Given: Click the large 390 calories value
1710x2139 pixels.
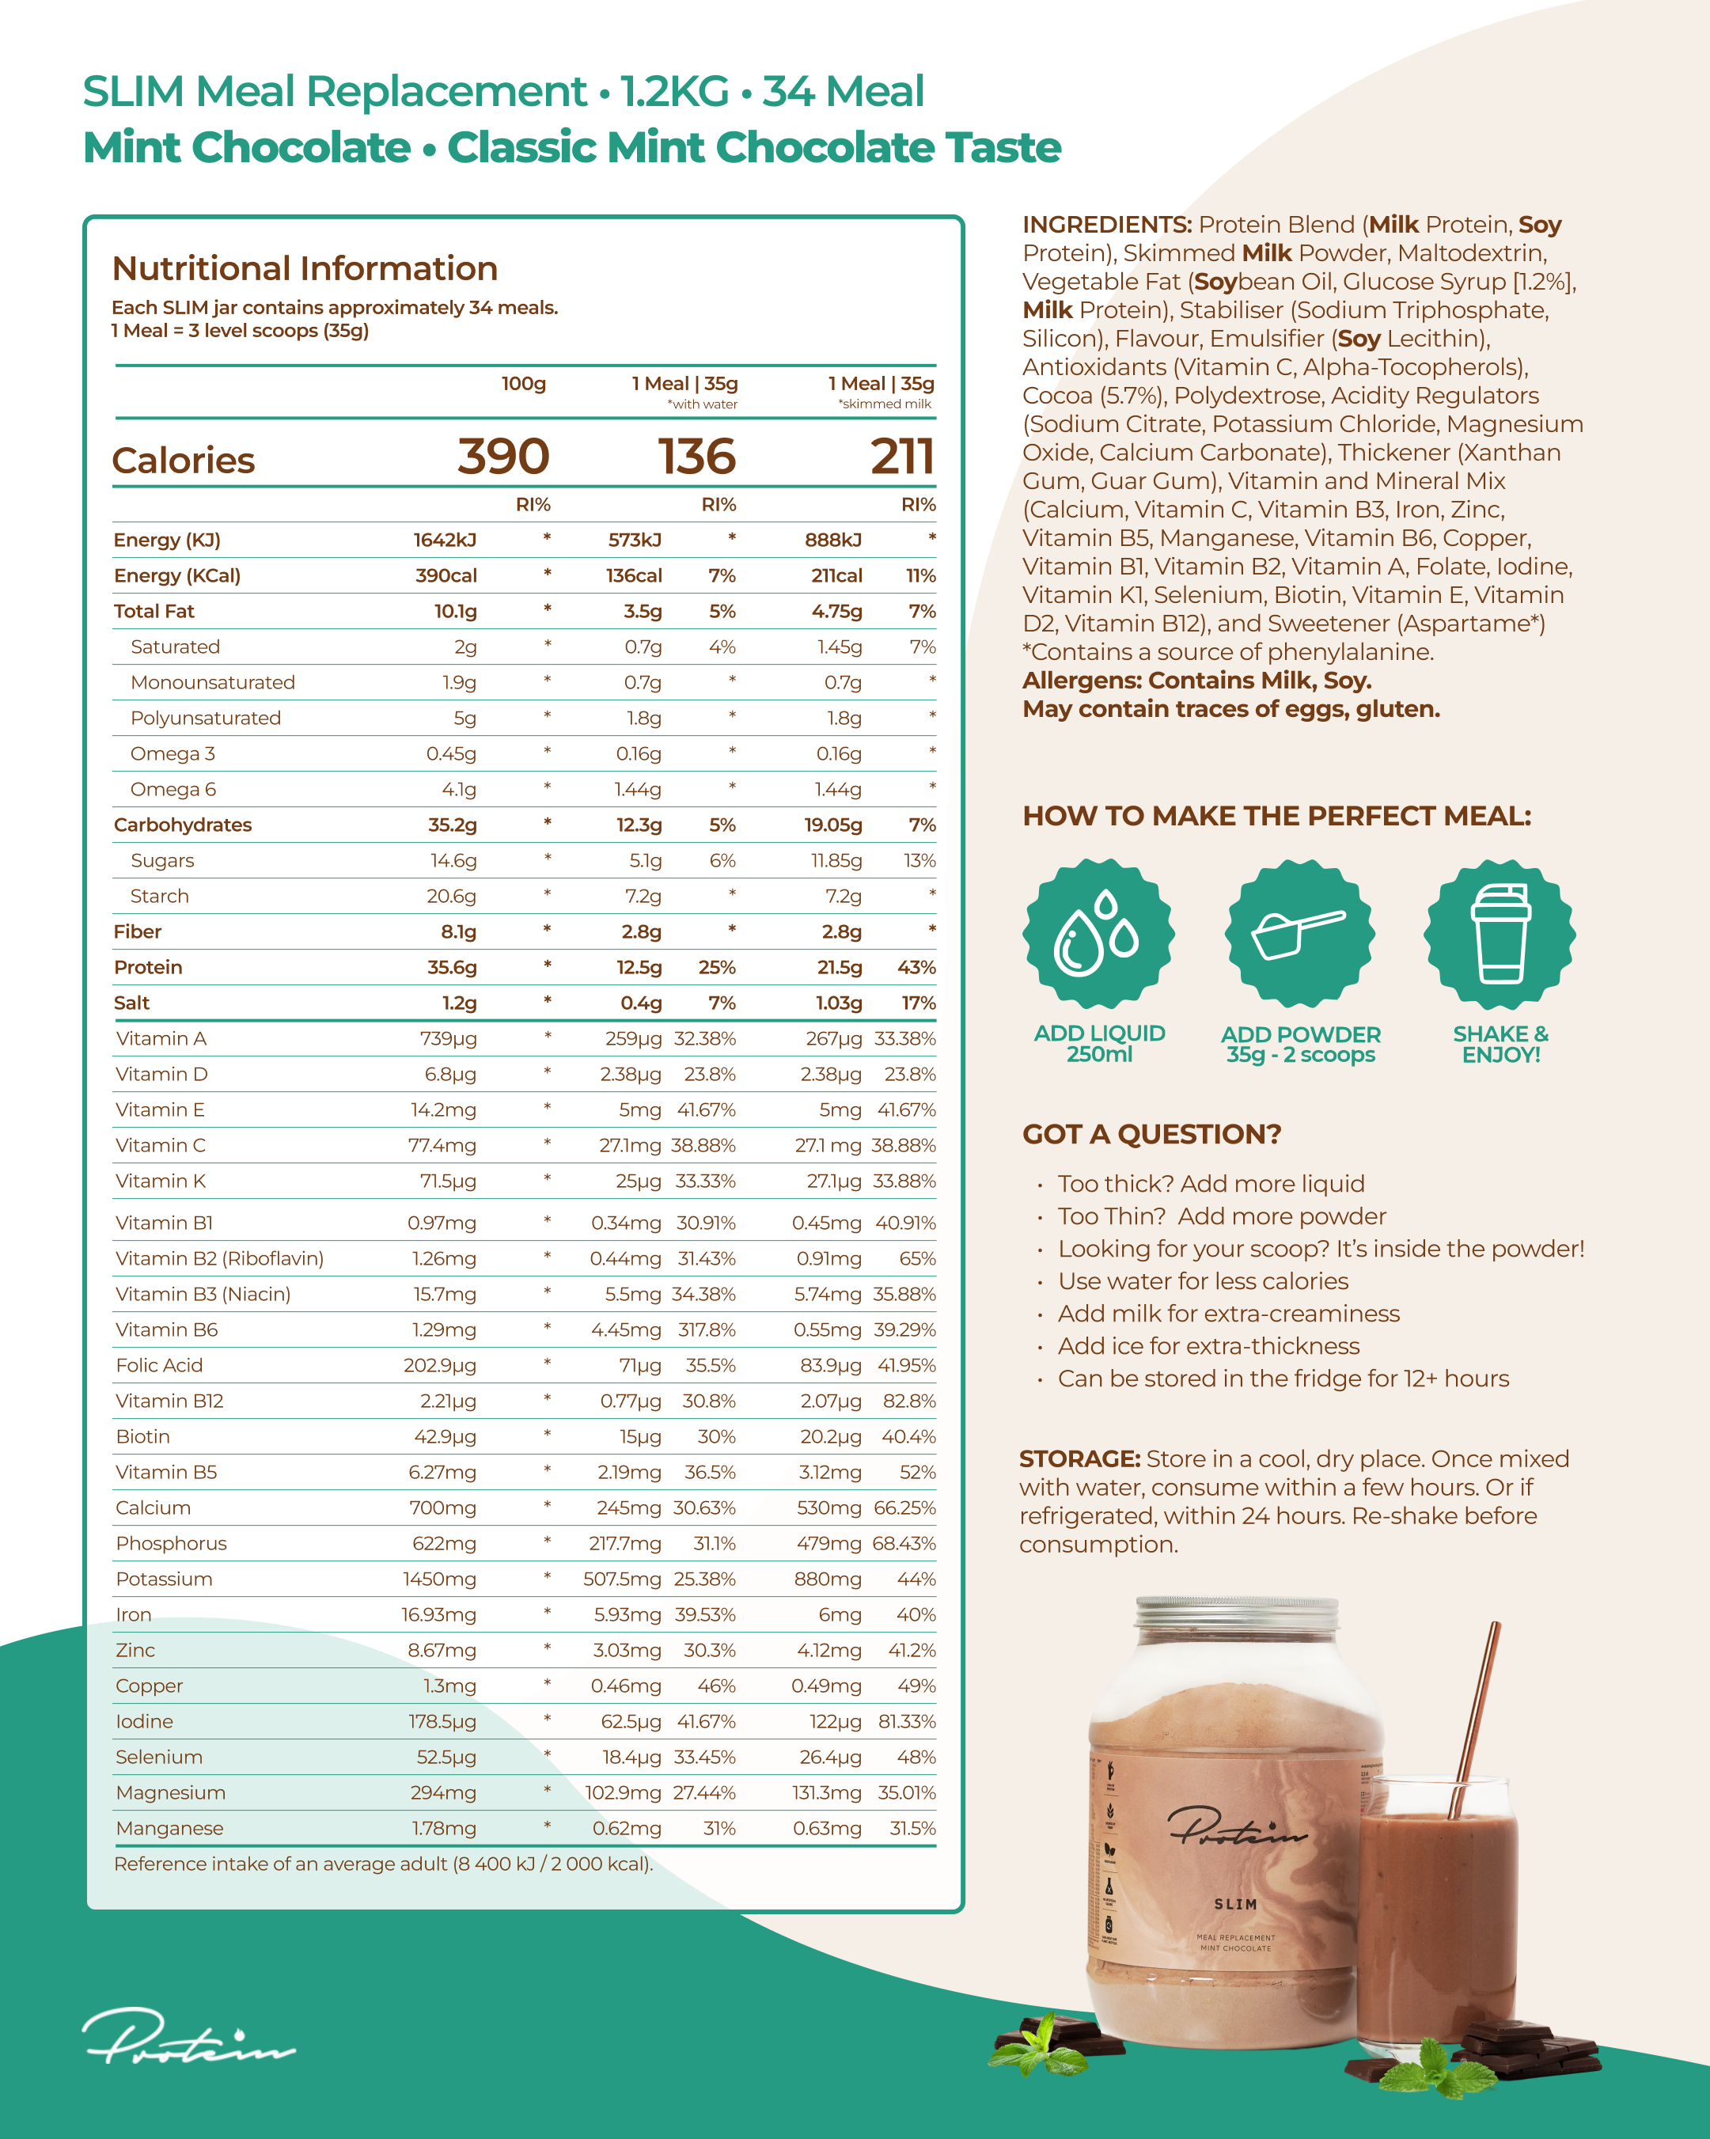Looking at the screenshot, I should pos(503,457).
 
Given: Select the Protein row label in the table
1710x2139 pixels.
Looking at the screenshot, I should pos(148,967).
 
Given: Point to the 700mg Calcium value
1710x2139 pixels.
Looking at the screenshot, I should pos(442,1508).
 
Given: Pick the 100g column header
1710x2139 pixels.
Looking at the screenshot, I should pos(523,384).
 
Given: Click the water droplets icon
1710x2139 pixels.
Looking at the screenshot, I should pos(1098,934).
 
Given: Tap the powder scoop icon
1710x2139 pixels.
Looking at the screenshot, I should pos(1299,934).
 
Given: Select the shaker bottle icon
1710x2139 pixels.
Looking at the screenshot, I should pos(1500,934).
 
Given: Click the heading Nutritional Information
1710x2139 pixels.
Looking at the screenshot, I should pos(305,269).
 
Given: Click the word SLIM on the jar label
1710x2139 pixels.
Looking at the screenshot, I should pos(1236,1904).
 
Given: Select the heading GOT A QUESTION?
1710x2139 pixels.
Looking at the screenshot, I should pos(1151,1134).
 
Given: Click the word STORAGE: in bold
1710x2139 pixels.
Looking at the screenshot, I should pos(1079,1458).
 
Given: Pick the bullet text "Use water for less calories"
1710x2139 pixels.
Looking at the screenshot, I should pos(1202,1281).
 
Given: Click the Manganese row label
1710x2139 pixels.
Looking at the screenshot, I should pos(169,1829).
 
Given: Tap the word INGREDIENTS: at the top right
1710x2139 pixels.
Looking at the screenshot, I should pos(1107,226).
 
